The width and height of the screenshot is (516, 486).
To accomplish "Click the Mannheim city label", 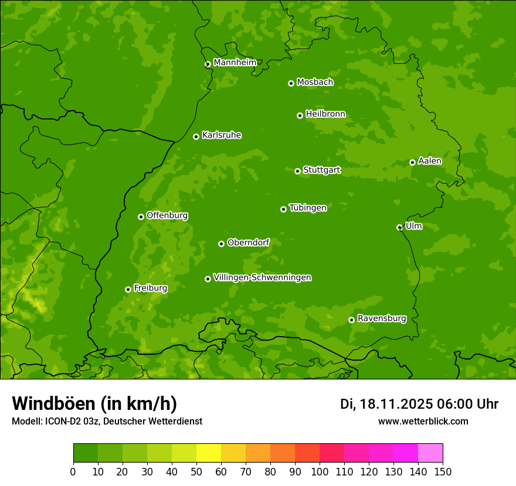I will (x=235, y=63).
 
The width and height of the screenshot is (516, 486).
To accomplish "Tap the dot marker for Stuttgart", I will (x=297, y=171).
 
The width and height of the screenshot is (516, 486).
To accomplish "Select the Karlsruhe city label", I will (x=221, y=135).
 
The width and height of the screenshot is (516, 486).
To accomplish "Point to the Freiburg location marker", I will (x=128, y=289).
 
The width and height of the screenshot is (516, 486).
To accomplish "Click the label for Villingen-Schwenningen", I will (x=262, y=278).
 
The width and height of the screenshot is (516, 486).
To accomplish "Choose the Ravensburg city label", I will (x=381, y=319).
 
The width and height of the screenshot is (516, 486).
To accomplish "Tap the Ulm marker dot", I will (x=399, y=227).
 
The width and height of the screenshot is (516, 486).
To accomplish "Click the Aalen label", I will (x=429, y=161).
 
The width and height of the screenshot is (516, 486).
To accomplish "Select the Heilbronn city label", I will (x=325, y=114).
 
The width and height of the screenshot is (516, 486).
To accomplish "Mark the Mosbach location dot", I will (x=291, y=83).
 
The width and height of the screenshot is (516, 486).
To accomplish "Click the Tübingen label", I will (x=307, y=208).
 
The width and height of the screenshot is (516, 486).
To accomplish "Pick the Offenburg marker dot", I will (x=141, y=217).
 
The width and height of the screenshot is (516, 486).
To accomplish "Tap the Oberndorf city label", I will (x=248, y=242).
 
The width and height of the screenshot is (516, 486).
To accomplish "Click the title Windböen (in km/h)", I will (x=94, y=403).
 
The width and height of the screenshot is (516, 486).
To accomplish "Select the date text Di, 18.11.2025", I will (x=386, y=404).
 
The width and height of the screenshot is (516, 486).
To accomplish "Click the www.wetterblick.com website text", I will (x=423, y=421).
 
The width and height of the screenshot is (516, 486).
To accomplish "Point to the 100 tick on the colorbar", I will (x=320, y=471).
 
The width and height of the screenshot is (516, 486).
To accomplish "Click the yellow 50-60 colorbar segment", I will (x=209, y=453).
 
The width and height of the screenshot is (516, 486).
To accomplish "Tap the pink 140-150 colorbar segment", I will (x=430, y=453).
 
